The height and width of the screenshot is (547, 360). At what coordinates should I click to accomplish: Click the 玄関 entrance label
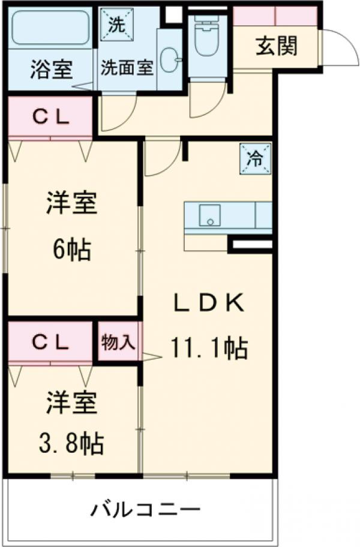coord(277,46)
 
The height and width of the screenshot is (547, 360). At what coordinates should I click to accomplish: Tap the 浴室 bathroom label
coord(51,70)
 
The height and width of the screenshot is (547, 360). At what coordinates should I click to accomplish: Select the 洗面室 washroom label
coord(127,67)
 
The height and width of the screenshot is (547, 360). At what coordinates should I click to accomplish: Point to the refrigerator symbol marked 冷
coord(255,159)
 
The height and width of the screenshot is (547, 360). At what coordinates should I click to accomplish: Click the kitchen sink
coord(210,217)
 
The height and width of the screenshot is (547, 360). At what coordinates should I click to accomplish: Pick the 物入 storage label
coord(118,343)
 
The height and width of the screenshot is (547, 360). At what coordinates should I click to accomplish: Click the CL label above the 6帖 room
coord(50,118)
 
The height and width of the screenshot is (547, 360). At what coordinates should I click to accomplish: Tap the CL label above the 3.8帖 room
coord(50,343)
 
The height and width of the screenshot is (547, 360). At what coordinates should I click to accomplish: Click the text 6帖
coord(72,249)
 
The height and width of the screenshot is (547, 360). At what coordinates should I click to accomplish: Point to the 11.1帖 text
coord(209,347)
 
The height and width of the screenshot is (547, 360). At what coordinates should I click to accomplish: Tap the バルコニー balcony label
coord(145,512)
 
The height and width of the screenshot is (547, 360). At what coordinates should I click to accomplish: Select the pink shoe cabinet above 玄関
coord(275,16)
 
